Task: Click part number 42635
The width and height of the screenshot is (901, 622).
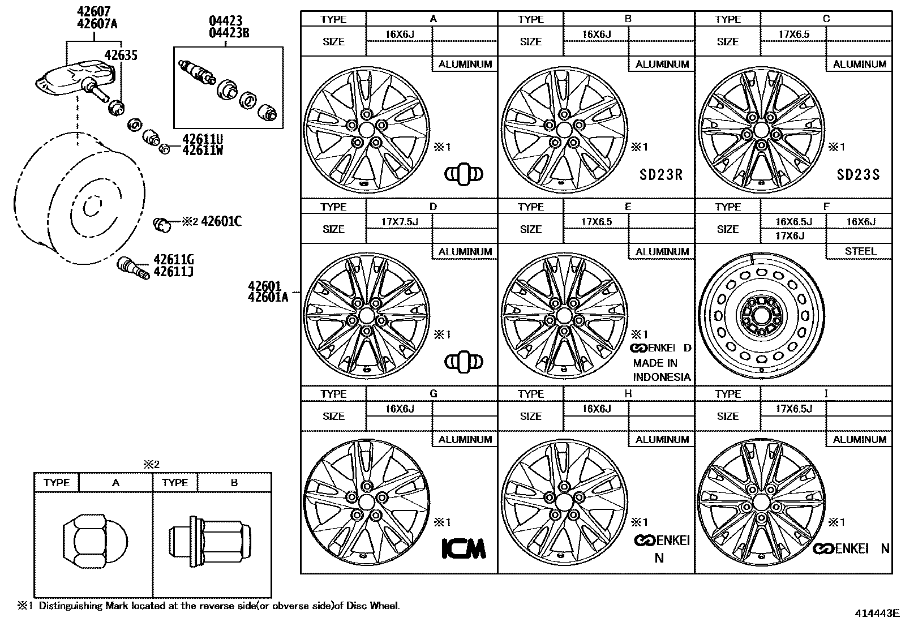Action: tap(121, 55)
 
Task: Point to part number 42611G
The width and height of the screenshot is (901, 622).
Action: tap(174, 260)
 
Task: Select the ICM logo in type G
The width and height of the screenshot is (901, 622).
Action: tap(464, 548)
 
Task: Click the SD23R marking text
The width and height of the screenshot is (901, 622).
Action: tap(661, 174)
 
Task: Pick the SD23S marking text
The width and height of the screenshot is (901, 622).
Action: tap(858, 174)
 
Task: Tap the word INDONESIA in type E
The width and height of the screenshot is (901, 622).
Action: tap(662, 377)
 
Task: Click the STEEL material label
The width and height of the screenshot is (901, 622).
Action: tap(860, 251)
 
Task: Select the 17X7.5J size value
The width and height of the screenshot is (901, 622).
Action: tap(400, 222)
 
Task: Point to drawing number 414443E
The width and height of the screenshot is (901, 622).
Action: tap(877, 613)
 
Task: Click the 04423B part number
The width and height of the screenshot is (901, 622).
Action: tap(229, 32)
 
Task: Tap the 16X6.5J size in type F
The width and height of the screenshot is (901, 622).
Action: tap(793, 222)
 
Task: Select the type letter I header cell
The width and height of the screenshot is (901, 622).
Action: tap(826, 393)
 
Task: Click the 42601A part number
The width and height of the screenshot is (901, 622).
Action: tap(268, 297)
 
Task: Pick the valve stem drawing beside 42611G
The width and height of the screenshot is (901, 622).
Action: tap(134, 267)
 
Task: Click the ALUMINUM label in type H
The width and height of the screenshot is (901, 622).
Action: tap(662, 439)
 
